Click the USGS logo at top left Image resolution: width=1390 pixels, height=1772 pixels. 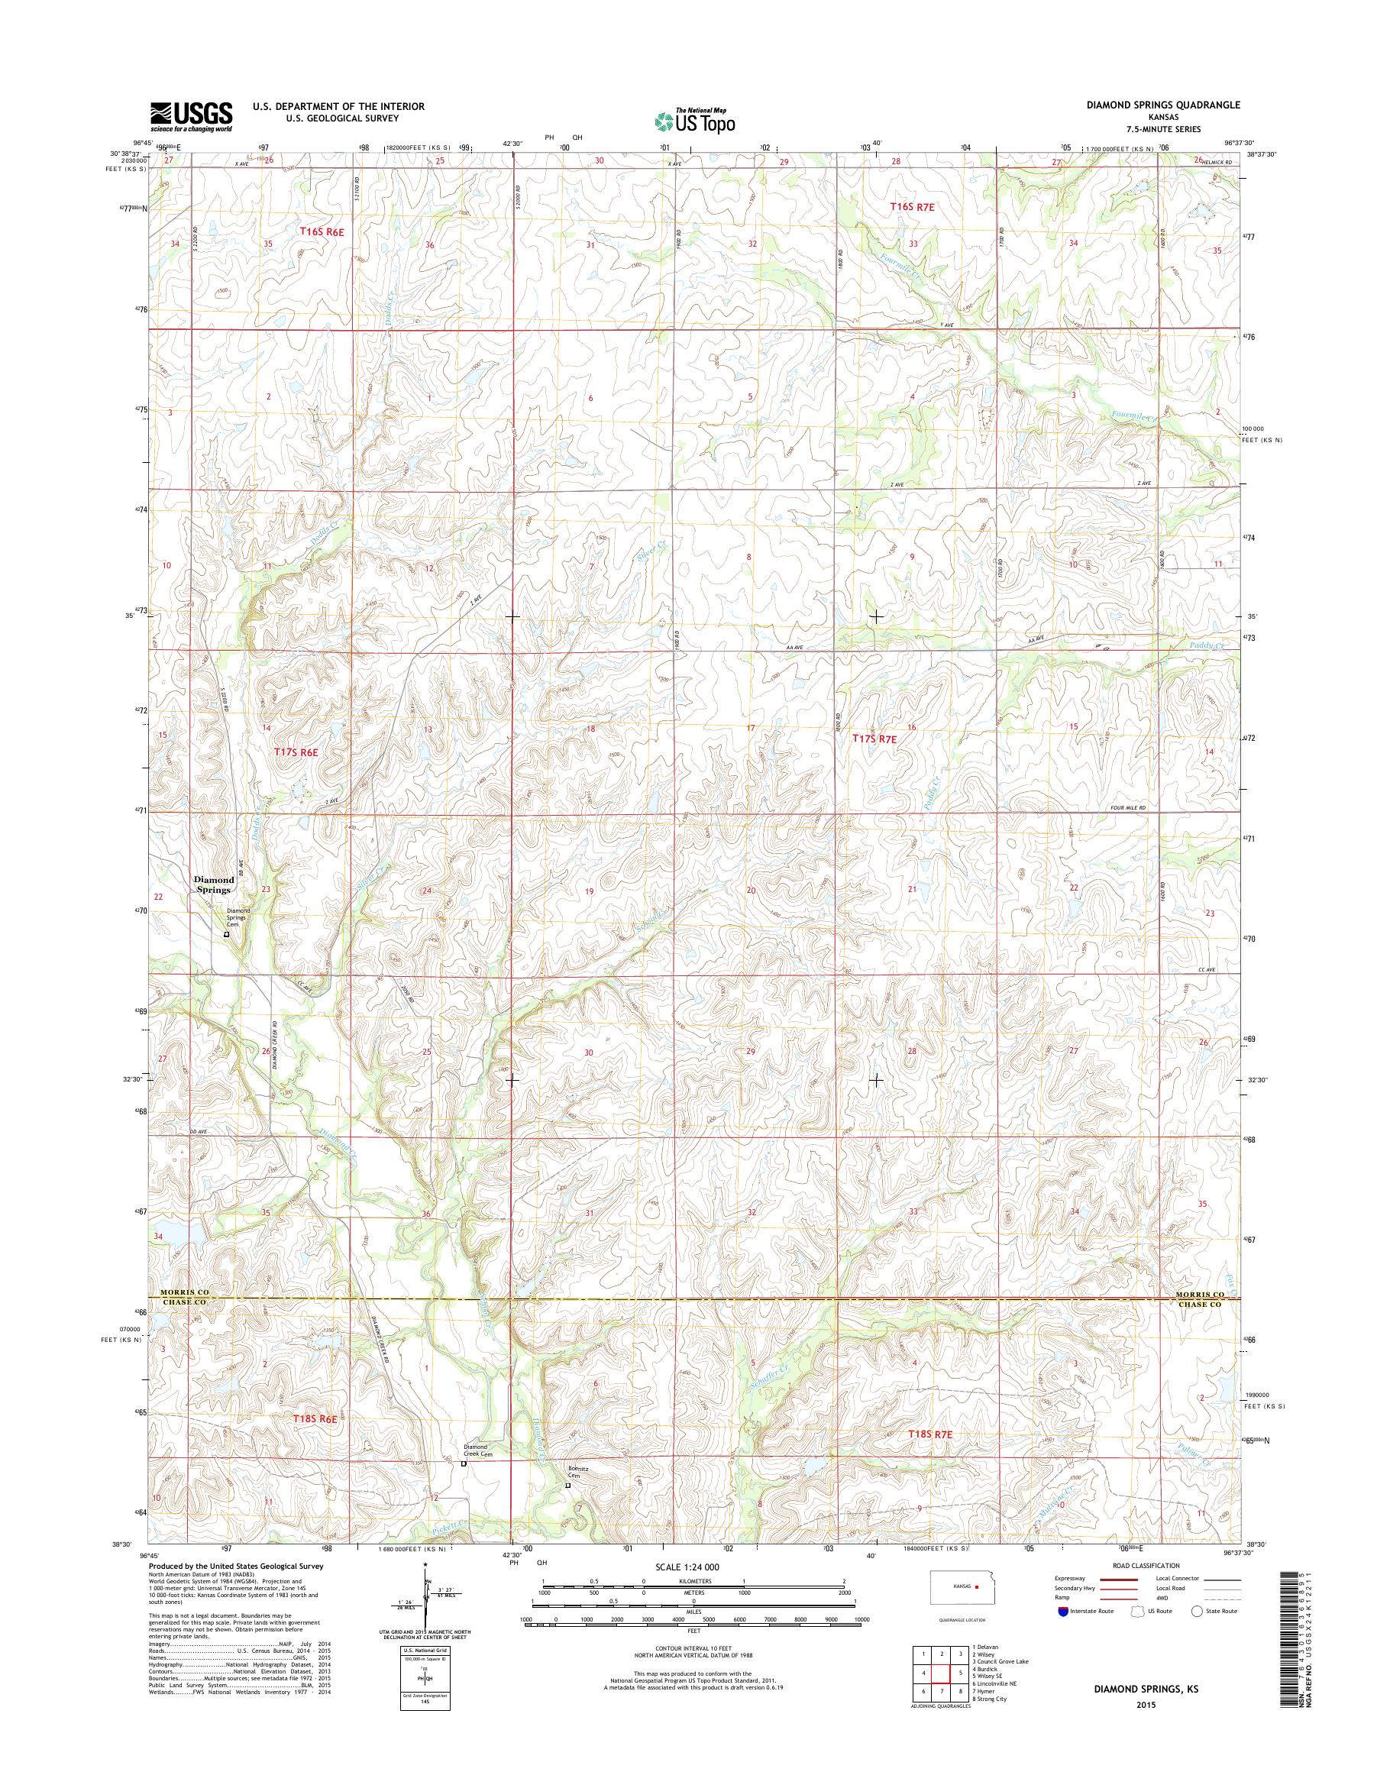pyautogui.click(x=191, y=116)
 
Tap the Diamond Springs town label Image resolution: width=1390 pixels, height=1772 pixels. pyautogui.click(x=214, y=884)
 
